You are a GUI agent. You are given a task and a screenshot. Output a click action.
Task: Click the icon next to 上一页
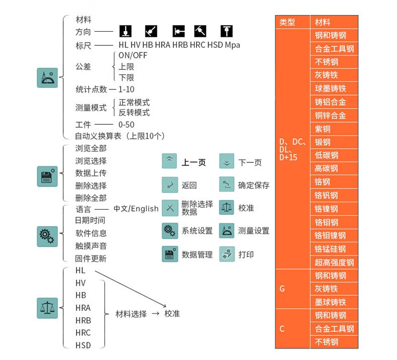169,161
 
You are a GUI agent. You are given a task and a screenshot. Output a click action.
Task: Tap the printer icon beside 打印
227,254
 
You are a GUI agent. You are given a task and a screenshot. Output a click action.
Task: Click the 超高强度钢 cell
334,262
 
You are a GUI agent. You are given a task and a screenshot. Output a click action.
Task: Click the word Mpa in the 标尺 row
232,45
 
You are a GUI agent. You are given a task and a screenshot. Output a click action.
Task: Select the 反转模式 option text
134,113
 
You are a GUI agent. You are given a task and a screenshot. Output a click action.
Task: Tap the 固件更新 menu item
91,258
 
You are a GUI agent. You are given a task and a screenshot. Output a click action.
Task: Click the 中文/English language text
136,209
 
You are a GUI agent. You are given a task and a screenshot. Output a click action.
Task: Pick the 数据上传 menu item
91,173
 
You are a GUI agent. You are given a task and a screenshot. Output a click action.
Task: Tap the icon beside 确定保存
227,185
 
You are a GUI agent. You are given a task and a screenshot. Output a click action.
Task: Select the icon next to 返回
169,185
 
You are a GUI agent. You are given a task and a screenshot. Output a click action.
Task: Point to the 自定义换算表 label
120,136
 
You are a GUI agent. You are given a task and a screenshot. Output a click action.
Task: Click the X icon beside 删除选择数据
169,208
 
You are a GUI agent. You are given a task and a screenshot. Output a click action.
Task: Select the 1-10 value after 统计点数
127,89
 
